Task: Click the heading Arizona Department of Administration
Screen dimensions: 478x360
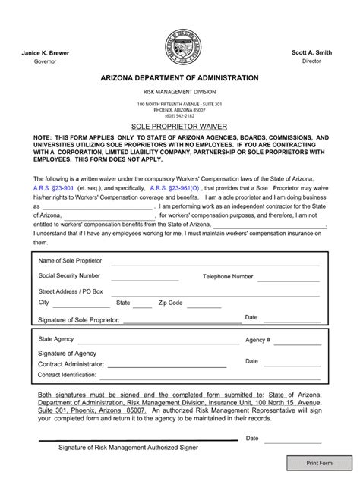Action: [180, 78]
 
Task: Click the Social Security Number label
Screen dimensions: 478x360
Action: [69, 275]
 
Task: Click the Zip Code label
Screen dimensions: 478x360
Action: [170, 302]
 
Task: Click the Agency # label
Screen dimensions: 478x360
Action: [257, 340]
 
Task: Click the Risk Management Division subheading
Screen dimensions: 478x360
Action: [180, 91]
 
